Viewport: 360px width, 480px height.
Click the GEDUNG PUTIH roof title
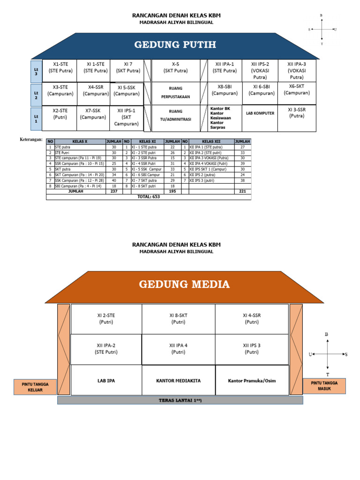coord(175,45)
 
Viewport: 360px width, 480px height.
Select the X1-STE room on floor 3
coord(60,67)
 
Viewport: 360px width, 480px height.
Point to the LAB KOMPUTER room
coord(260,113)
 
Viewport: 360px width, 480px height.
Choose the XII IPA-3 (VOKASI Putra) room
coord(297,70)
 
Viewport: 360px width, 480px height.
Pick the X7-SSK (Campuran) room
coord(92,114)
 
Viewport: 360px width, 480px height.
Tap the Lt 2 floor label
coord(36,95)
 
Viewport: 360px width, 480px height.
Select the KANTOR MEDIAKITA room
coord(178,381)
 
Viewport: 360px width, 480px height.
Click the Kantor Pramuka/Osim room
coord(252,381)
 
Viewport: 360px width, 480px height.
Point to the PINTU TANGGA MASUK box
coord(324,386)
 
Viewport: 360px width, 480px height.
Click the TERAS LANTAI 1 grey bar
coord(180,400)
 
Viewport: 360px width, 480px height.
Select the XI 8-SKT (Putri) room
coord(178,319)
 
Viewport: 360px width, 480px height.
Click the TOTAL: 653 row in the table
coord(149,197)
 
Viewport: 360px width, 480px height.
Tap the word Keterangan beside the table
coord(31,140)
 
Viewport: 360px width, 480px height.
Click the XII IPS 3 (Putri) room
coord(252,348)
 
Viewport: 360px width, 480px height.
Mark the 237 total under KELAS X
coord(113,191)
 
